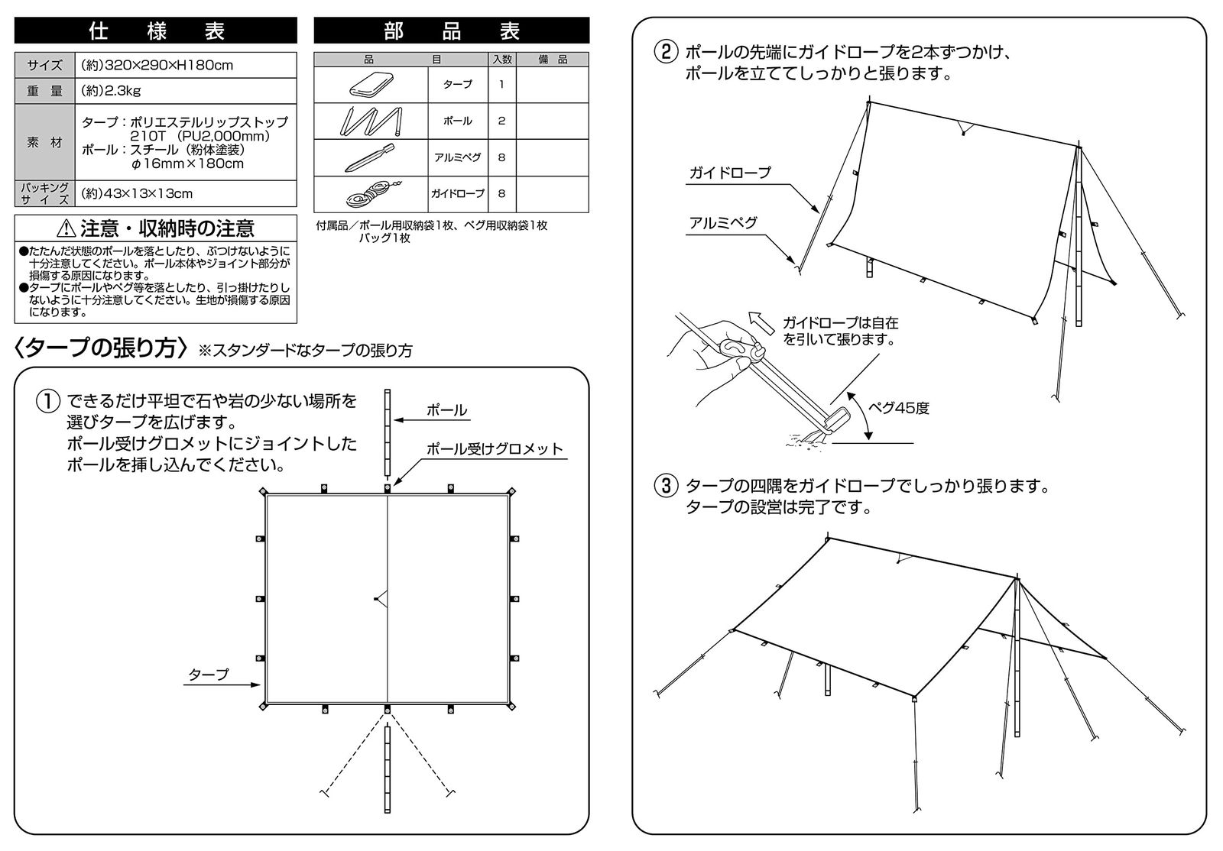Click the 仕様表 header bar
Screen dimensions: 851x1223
tap(155, 31)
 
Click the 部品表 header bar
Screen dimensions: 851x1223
tap(451, 31)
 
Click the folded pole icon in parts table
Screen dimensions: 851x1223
tap(371, 121)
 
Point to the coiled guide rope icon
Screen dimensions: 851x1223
tap(371, 193)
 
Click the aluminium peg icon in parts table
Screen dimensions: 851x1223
tap(371, 157)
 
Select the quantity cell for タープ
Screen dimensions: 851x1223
tap(501, 84)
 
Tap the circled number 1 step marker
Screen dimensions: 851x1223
tap(47, 401)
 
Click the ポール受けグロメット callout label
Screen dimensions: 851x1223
tap(494, 449)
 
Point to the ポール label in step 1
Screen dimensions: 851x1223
tap(446, 410)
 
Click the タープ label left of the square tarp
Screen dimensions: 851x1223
tap(208, 675)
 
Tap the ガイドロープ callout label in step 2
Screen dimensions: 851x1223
tap(730, 173)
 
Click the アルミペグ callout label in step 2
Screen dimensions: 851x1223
tap(723, 222)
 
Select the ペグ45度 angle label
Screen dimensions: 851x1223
tap(900, 408)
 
